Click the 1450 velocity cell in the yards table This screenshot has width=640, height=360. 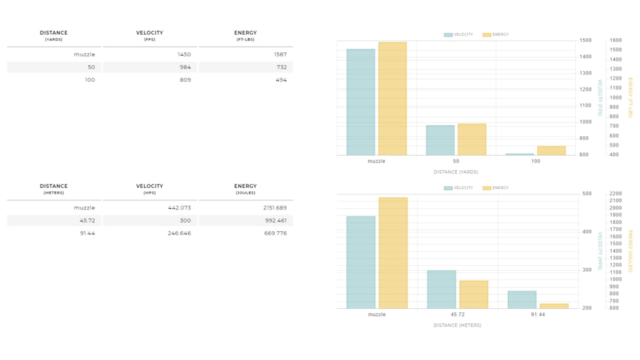tap(184, 54)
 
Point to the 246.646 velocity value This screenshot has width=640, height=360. tap(179, 233)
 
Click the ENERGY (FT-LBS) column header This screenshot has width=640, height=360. tap(245, 35)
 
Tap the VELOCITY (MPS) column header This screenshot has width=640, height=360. tap(149, 189)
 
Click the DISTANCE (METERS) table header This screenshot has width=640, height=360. tap(54, 189)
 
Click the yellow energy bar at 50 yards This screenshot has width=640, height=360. tap(472, 139)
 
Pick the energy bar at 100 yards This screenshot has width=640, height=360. tap(551, 151)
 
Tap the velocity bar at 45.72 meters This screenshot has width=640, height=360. tap(442, 289)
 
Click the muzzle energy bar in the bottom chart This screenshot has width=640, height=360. tap(393, 253)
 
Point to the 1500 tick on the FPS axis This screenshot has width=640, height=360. tap(585, 41)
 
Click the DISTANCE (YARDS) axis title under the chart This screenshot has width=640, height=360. tap(455, 172)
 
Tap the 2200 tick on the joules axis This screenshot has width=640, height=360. tap(615, 194)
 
